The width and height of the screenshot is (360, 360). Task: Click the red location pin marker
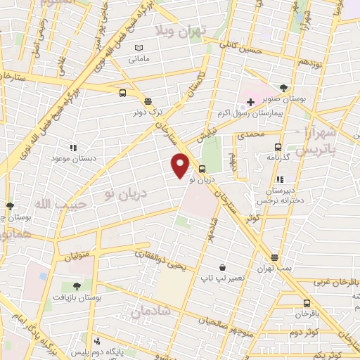(x=181, y=166)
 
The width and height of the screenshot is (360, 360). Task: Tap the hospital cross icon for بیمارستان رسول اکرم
(x=250, y=102)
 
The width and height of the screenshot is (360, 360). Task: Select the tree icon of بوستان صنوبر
(x=283, y=88)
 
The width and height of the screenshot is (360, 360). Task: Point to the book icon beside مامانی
(x=139, y=47)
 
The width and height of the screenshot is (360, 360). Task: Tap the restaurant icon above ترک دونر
(x=148, y=101)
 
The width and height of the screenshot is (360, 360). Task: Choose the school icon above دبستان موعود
(x=72, y=148)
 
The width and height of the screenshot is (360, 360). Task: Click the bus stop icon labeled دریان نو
(x=202, y=169)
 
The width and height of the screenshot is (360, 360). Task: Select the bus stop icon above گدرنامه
(x=278, y=147)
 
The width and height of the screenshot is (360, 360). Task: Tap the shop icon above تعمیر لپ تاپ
(x=222, y=267)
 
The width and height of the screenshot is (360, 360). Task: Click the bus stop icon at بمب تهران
(x=274, y=257)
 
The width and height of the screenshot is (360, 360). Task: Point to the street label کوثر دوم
(x=306, y=331)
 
